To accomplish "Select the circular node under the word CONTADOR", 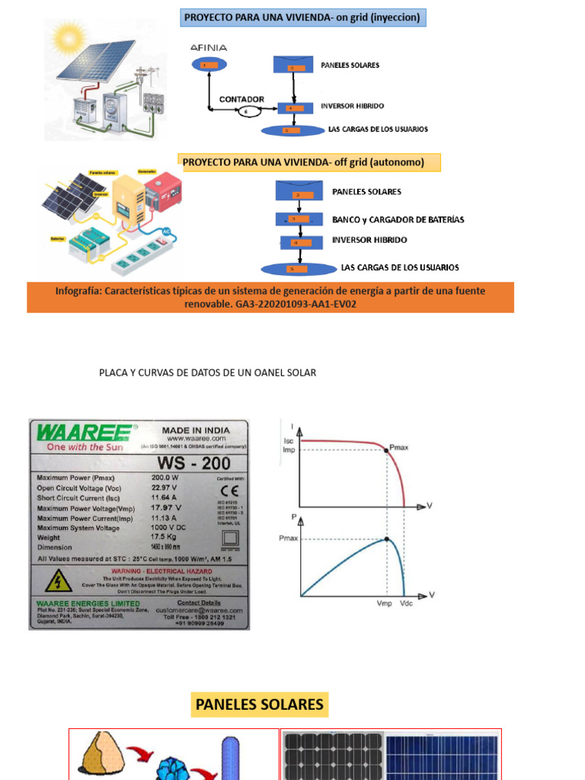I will pyautogui.click(x=246, y=111).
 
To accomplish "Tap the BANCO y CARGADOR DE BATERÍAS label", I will pyautogui.click(x=398, y=219).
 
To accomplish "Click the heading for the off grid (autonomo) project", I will pyautogui.click(x=302, y=161).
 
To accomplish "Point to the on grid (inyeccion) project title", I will pyautogui.click(x=302, y=17).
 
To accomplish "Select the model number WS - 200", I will pyautogui.click(x=193, y=463).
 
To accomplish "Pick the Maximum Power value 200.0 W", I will pyautogui.click(x=166, y=478).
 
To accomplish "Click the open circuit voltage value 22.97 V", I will pyautogui.click(x=166, y=487).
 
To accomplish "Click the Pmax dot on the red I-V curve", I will pyautogui.click(x=387, y=450).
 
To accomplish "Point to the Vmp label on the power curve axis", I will pyautogui.click(x=385, y=603).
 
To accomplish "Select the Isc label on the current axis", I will pyautogui.click(x=289, y=440).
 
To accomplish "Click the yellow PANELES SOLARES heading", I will pyautogui.click(x=259, y=705).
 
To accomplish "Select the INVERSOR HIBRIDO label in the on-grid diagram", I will pyautogui.click(x=353, y=107).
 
